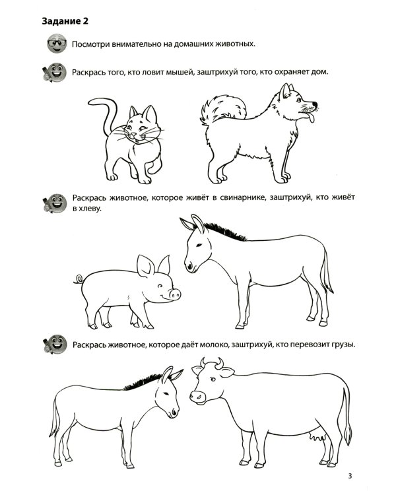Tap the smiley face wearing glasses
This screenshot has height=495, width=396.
tap(57, 44)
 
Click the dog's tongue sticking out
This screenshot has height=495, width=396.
tap(311, 118)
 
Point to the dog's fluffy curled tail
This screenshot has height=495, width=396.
tap(222, 109)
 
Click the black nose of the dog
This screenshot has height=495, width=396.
tap(314, 104)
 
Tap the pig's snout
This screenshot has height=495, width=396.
tap(175, 294)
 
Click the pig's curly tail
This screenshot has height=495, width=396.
tap(79, 279)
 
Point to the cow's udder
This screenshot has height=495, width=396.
tap(317, 437)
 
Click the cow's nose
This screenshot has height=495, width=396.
tap(197, 397)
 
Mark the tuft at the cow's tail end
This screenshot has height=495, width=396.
tap(348, 435)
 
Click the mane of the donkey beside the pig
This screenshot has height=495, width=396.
tap(225, 231)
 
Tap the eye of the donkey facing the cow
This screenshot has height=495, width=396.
tap(166, 393)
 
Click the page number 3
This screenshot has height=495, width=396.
tap(350, 476)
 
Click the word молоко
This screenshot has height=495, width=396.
tap(214, 345)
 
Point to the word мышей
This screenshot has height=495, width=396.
tap(181, 73)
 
